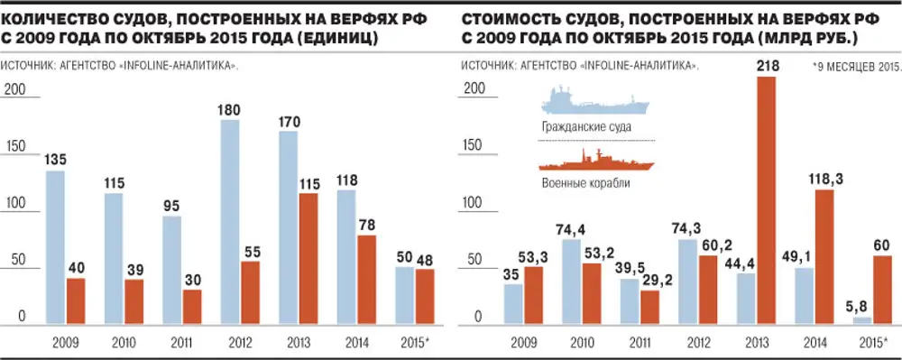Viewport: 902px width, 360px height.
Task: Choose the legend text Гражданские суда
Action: pos(585,127)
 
